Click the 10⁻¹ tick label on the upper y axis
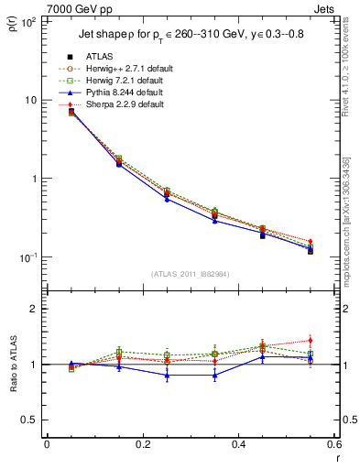pyautogui.click(x=27, y=257)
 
